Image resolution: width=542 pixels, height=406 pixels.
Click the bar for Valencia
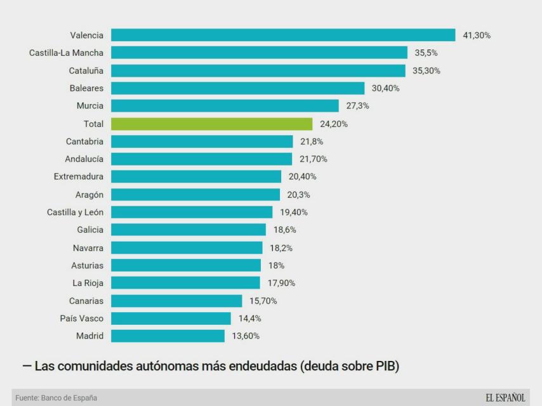point(283,35)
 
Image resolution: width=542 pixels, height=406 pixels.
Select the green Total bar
point(212,124)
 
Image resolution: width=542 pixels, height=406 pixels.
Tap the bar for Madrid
point(168,336)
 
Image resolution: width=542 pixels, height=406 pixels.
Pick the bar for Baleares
point(237,88)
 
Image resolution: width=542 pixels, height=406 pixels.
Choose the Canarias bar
point(176,300)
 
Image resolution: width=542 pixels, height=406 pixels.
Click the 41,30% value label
point(477,35)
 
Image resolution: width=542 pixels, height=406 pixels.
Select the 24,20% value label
point(333,124)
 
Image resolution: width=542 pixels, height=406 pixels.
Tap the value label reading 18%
point(276,265)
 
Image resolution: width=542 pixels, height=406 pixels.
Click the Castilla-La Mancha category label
point(66,53)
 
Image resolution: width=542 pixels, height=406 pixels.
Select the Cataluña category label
point(86,70)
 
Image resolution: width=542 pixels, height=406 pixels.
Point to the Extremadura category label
point(78,176)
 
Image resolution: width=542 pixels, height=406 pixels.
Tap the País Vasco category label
point(81,318)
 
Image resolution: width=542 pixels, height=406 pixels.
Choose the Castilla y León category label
point(75,212)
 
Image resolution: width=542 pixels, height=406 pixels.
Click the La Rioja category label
point(88,283)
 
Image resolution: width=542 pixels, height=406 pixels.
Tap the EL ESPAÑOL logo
point(505,398)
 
